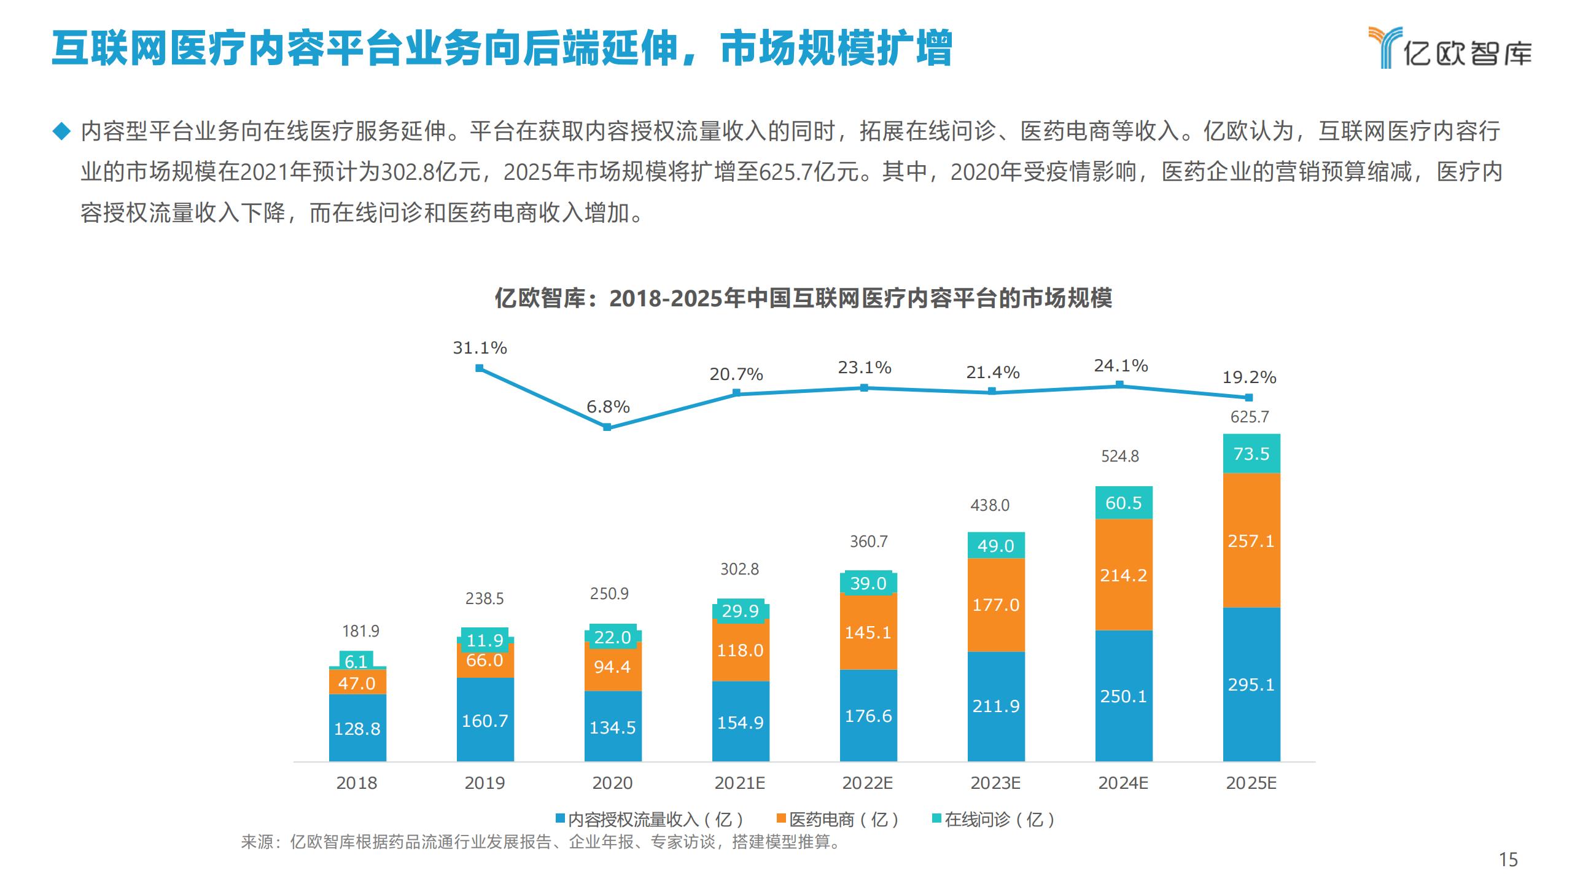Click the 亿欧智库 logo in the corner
pyautogui.click(x=1449, y=48)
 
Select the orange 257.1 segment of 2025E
pyautogui.click(x=1251, y=540)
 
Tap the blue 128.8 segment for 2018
pyautogui.click(x=357, y=728)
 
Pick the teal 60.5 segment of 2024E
pyautogui.click(x=1124, y=503)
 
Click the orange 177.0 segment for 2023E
pyautogui.click(x=996, y=605)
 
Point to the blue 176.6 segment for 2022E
pyautogui.click(x=868, y=716)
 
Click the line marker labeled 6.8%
pyautogui.click(x=607, y=427)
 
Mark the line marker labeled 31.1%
pyautogui.click(x=480, y=368)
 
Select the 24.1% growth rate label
pyautogui.click(x=1121, y=366)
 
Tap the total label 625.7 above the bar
pyautogui.click(x=1250, y=417)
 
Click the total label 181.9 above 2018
pyautogui.click(x=360, y=631)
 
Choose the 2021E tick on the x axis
pyautogui.click(x=740, y=783)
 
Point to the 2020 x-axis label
pyautogui.click(x=612, y=783)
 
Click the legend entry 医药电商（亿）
pyautogui.click(x=839, y=819)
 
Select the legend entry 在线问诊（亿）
pyautogui.click(x=994, y=819)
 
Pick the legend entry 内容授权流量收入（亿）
pyautogui.click(x=650, y=819)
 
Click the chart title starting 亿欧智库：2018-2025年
pyautogui.click(x=803, y=299)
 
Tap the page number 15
pyautogui.click(x=1508, y=859)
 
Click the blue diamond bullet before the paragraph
pyautogui.click(x=61, y=131)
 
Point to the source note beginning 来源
pyautogui.click(x=540, y=842)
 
